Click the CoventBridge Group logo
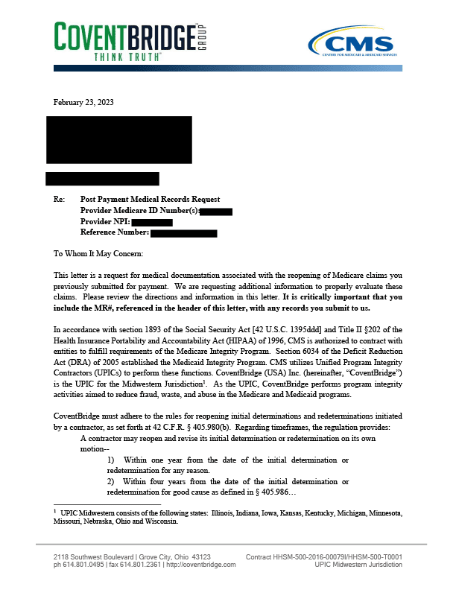tap(130, 37)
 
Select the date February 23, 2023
tap(83, 102)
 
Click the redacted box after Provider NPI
tap(153, 222)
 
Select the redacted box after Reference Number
tap(183, 233)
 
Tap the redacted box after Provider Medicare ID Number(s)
tap(216, 212)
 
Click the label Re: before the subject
tap(60, 200)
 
